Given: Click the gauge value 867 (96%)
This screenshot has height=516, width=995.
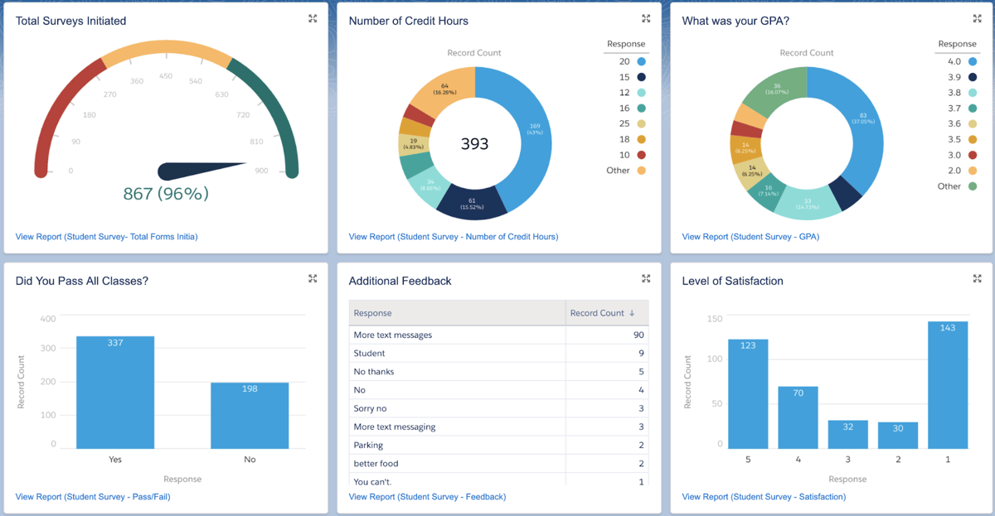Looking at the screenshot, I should click(166, 194).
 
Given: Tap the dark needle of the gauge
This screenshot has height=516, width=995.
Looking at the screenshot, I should click(199, 171).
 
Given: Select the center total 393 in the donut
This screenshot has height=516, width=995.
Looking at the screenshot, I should click(474, 144).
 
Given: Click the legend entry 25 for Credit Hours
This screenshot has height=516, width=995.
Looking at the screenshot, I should click(624, 123).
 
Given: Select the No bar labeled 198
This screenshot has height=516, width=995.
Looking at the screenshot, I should click(250, 414).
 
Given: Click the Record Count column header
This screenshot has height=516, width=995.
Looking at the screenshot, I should click(602, 313).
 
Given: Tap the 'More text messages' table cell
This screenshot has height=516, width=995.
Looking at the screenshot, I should click(393, 335).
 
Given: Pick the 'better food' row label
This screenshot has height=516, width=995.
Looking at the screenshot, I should click(378, 464).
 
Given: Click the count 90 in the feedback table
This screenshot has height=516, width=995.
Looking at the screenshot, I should click(638, 335).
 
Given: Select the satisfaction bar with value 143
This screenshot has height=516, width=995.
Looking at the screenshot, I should click(948, 385).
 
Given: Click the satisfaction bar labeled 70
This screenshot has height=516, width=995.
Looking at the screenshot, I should click(798, 417).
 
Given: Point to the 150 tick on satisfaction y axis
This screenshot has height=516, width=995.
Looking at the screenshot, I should click(714, 319).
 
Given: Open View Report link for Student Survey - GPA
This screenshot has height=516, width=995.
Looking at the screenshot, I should click(750, 237).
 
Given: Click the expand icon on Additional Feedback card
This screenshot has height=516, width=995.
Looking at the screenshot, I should click(646, 279).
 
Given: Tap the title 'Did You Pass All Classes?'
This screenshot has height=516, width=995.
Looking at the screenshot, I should click(82, 281).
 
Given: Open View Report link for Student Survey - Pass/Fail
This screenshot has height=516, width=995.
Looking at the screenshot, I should click(93, 497).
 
